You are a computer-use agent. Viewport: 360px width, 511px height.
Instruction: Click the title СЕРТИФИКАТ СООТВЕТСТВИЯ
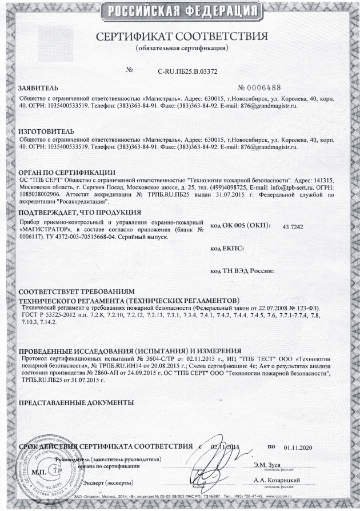click(x=182, y=37)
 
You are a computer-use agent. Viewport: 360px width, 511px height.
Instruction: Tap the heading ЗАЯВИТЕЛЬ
click(x=38, y=90)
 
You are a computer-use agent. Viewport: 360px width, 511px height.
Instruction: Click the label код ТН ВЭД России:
click(x=243, y=270)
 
